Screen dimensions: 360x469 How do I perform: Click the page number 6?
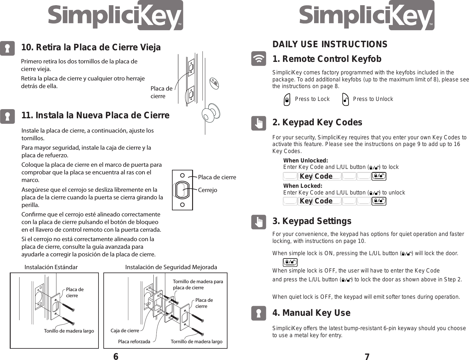116,356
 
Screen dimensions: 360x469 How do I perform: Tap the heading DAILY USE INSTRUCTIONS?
330,44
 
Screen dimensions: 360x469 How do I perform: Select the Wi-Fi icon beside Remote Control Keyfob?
259,59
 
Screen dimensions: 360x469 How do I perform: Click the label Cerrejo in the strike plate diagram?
207,190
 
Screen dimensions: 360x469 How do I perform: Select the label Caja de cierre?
125,331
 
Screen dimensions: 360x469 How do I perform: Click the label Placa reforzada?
134,342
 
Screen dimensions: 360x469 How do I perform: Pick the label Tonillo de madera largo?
69,331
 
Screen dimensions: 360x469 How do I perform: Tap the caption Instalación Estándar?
51,267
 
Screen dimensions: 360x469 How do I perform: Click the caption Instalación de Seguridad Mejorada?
171,267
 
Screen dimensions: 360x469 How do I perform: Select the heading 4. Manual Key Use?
311,313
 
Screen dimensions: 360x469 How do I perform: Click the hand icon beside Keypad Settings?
259,222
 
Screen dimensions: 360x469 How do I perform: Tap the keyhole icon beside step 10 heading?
7,48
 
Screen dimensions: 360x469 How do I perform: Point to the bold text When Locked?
303,186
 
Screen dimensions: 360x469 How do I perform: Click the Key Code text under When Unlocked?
316,176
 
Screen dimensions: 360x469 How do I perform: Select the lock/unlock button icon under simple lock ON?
290,262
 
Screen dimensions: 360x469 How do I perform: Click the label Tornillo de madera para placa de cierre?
198,284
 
